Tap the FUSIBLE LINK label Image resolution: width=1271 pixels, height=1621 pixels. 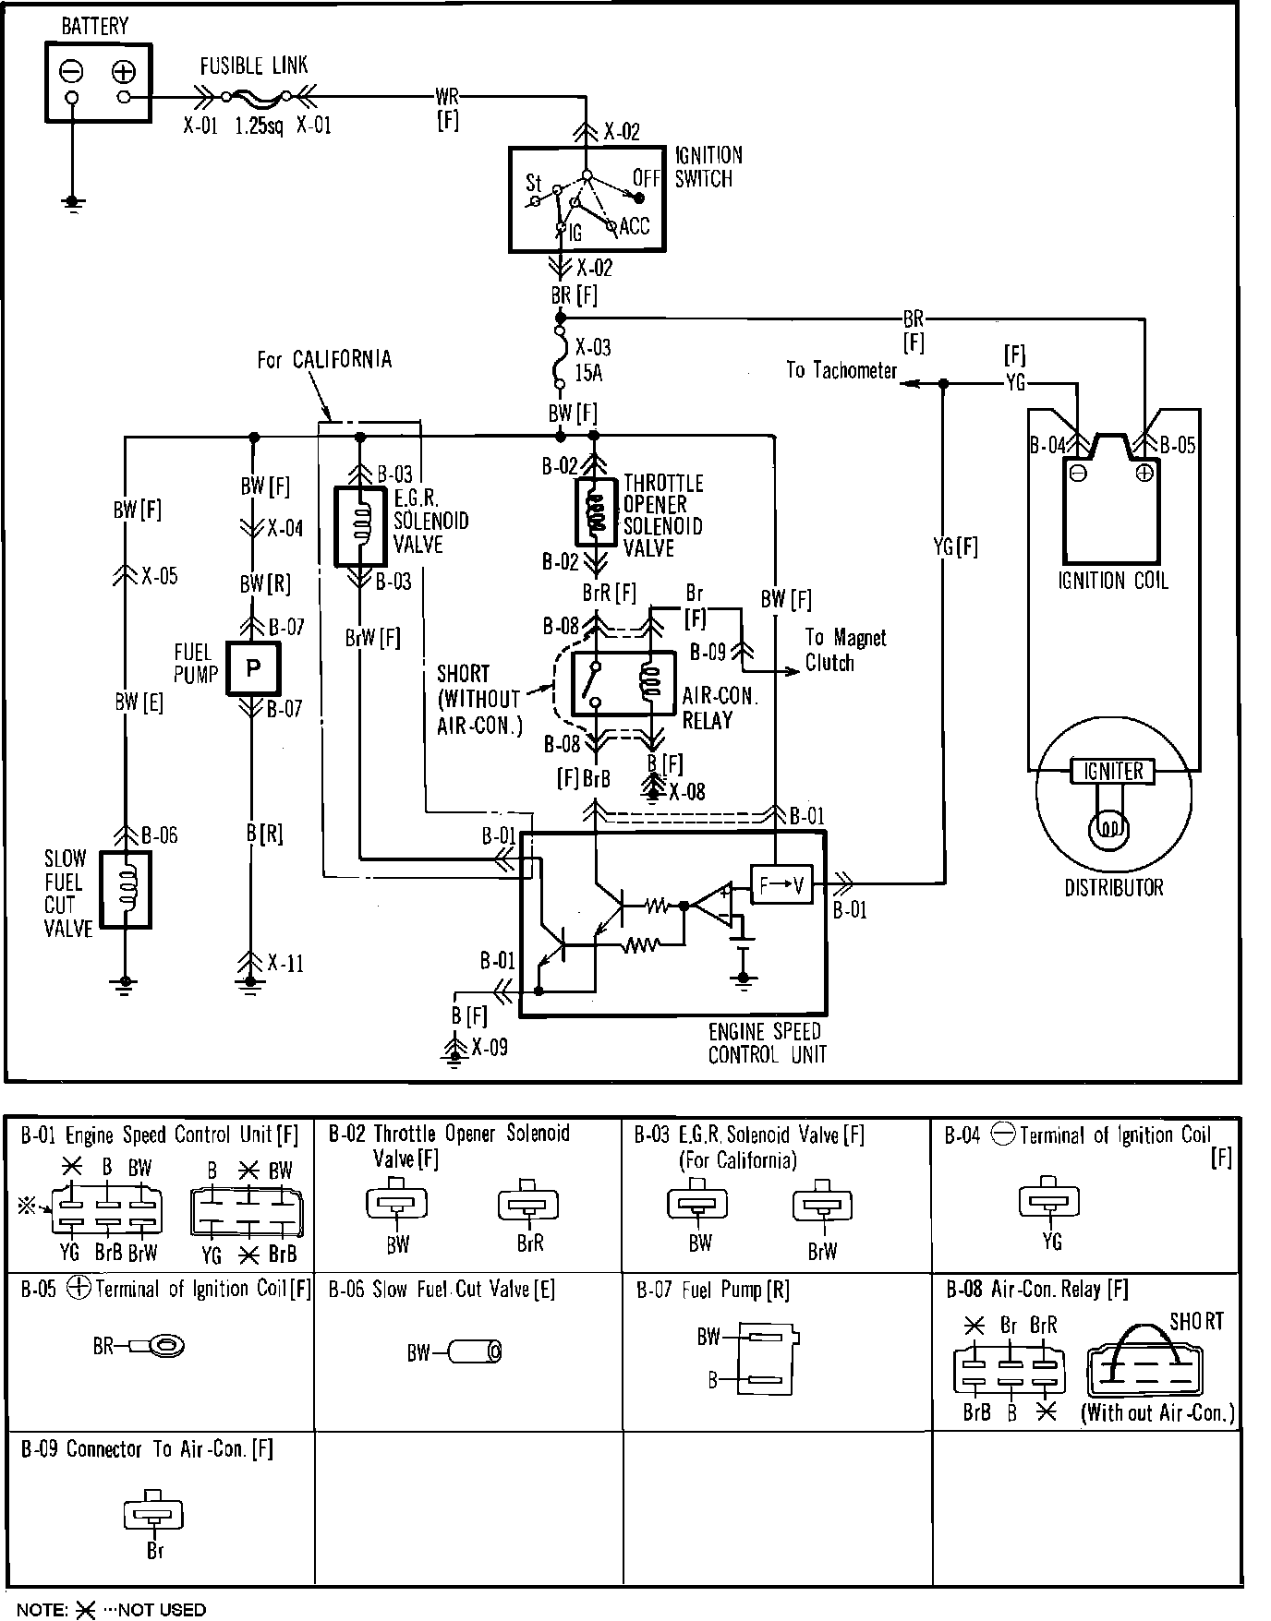click(x=254, y=66)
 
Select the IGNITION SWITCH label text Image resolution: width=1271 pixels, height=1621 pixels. click(x=708, y=167)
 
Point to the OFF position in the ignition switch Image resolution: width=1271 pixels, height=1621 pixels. click(x=646, y=176)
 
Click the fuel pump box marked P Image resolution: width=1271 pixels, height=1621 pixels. click(x=252, y=666)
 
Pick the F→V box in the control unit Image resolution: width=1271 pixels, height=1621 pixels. click(x=781, y=886)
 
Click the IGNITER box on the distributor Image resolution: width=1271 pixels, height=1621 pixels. click(x=1113, y=771)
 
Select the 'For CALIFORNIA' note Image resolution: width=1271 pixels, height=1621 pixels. click(x=324, y=359)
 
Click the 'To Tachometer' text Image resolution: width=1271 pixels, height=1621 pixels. click(x=841, y=370)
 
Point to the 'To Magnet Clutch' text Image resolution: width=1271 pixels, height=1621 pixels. click(x=845, y=650)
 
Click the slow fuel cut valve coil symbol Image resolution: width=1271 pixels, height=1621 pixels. click(x=126, y=890)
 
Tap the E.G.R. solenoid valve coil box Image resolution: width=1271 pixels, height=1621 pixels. click(x=360, y=526)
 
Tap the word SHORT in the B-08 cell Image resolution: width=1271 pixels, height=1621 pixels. click(x=1196, y=1322)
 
